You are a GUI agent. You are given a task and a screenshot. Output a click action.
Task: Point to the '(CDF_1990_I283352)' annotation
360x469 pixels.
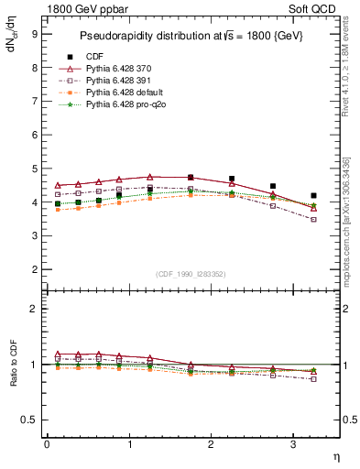tap(191, 274)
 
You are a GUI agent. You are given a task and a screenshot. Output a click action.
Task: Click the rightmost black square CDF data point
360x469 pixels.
tap(313, 196)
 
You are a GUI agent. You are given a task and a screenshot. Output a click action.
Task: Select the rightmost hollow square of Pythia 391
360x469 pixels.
tap(313, 220)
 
